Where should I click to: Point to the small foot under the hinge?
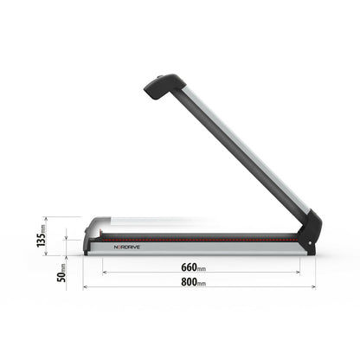pyautogui.click(x=311, y=254)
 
